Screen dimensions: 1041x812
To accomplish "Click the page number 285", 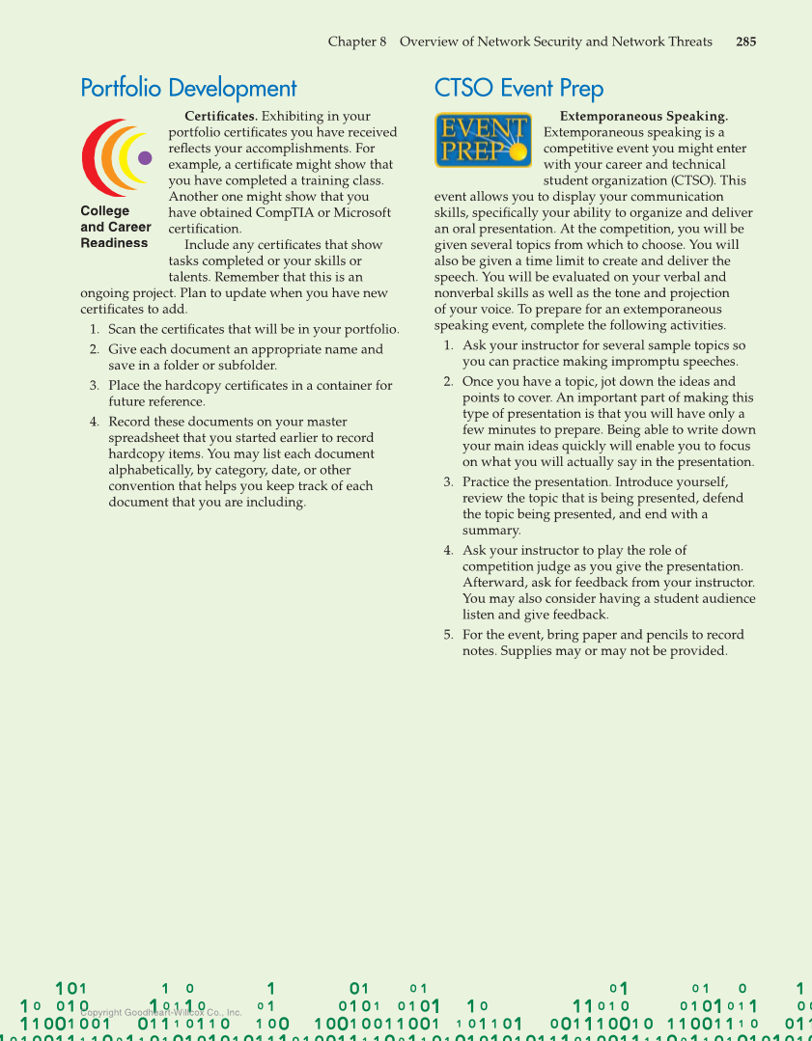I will point(745,41).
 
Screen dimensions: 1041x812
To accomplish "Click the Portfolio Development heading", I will point(188,89).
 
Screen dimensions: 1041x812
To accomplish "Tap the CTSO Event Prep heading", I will point(518,89).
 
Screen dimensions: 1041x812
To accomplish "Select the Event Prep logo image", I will point(483,140).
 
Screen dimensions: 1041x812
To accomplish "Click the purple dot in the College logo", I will point(145,158).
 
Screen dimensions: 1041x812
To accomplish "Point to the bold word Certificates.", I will point(220,117).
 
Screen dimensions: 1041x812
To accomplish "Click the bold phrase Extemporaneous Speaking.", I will point(643,117).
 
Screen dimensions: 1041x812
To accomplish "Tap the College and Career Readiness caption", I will point(115,227).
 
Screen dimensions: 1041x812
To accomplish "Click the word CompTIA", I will point(283,213).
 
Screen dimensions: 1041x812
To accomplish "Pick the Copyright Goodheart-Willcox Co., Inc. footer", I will point(160,1013).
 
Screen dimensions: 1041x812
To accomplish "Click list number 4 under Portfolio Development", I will point(95,423).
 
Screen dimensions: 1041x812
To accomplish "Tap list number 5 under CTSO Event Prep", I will point(449,635).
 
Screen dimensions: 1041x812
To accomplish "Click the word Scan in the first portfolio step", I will point(123,330).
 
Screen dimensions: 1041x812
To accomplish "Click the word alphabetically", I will point(151,471).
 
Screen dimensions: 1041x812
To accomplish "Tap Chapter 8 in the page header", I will point(357,41).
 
